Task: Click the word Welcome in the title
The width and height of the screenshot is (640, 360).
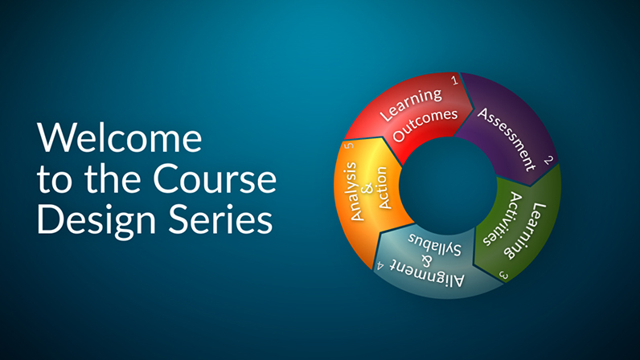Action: click(x=119, y=137)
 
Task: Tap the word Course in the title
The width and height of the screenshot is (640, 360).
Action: click(x=215, y=178)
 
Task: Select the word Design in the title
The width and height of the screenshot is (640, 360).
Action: click(x=96, y=220)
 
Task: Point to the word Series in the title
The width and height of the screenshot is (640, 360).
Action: click(x=221, y=219)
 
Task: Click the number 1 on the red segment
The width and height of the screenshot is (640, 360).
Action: click(x=455, y=80)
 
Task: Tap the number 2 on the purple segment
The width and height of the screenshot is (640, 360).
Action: click(x=548, y=160)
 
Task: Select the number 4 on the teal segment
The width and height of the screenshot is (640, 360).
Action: click(x=380, y=266)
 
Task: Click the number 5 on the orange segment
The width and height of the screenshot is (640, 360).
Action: click(x=349, y=145)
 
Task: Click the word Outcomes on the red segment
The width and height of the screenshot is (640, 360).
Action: click(x=425, y=125)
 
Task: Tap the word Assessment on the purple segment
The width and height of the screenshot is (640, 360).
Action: click(x=507, y=139)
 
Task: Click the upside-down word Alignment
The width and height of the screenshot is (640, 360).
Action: click(x=427, y=273)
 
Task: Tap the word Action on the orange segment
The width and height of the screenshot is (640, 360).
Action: click(x=383, y=188)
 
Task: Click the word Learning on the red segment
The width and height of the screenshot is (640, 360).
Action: click(x=411, y=104)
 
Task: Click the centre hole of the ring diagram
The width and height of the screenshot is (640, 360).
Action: click(x=448, y=186)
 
